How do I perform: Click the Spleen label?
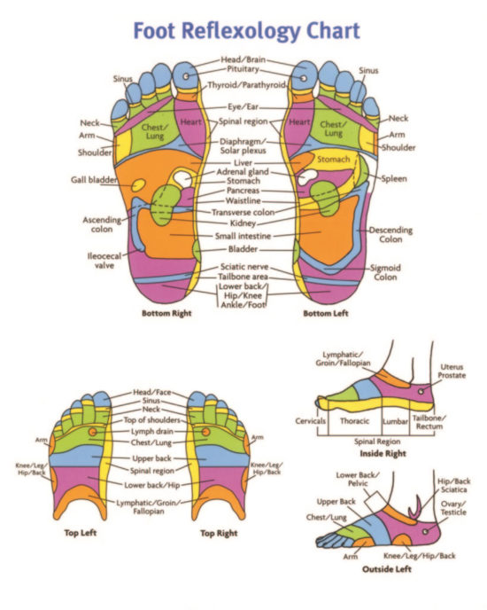[x=394, y=179]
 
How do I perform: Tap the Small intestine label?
[x=243, y=237]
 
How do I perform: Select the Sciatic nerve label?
[x=243, y=267]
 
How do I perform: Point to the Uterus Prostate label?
[x=451, y=372]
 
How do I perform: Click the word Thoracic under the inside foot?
[x=354, y=421]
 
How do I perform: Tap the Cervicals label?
[x=311, y=421]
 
